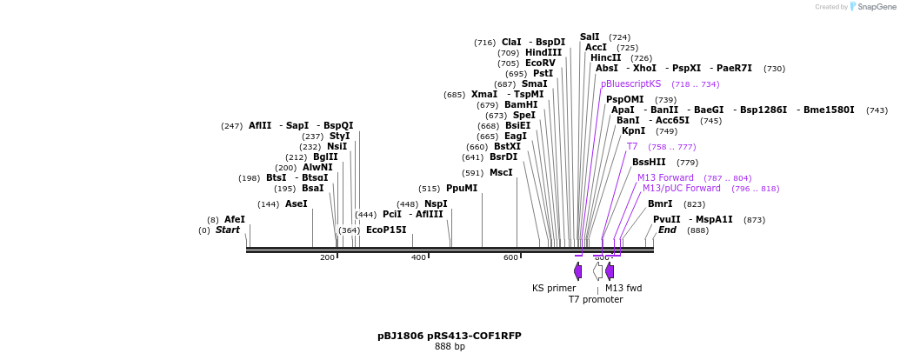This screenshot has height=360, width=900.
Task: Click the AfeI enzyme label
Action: pos(235,219)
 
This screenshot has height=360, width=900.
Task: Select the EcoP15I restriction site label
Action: pos(386,230)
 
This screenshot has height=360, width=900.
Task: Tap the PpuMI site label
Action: pos(462,188)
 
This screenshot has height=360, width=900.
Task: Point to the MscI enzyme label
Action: pos(501,172)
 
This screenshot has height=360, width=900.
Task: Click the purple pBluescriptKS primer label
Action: pos(630,84)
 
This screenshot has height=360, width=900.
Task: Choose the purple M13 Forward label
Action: pos(665,177)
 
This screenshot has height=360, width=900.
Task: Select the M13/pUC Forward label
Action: pos(681,188)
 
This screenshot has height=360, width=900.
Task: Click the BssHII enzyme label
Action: pos(649,162)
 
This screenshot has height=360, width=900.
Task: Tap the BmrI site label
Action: pos(660,203)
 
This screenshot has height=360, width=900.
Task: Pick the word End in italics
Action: pos(667,230)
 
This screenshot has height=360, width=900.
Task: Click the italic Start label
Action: pos(228,230)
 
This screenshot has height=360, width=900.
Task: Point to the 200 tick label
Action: pos(327,257)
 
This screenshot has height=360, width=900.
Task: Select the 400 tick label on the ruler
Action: pos(418,257)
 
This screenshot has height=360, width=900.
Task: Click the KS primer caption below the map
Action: pos(554,288)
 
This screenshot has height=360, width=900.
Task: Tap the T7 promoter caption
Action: pos(596,299)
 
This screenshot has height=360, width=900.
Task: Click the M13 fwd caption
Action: pos(623,288)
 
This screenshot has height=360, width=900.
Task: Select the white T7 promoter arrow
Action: pos(597,271)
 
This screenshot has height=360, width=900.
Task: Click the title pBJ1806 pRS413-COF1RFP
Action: pos(450,336)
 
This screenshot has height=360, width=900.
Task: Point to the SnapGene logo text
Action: pos(877,7)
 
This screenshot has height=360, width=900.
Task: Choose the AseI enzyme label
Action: pos(297,203)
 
